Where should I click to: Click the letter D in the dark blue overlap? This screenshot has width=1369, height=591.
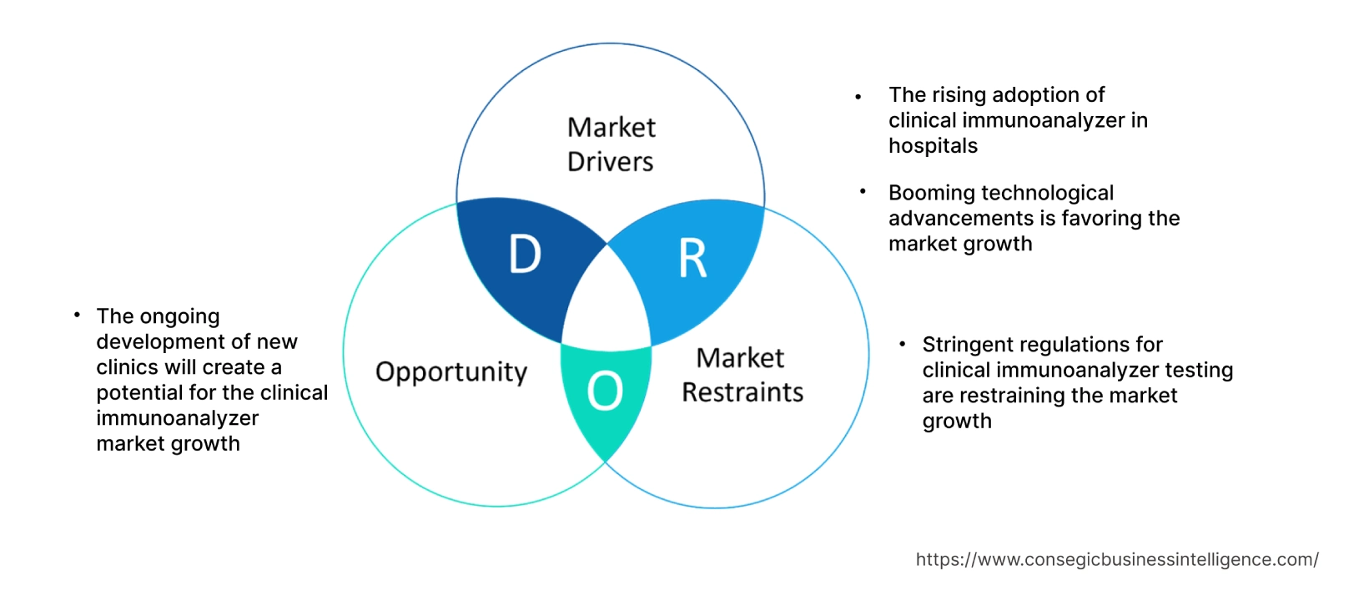pyautogui.click(x=525, y=255)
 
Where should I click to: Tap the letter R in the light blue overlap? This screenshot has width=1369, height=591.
pyautogui.click(x=692, y=259)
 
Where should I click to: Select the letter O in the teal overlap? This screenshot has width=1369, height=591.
pyautogui.click(x=605, y=391)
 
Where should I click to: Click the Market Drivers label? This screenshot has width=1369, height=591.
pyautogui.click(x=611, y=144)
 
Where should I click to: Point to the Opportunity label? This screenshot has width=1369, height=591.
pyautogui.click(x=451, y=371)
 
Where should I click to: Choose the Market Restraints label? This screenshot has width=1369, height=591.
pyautogui.click(x=742, y=375)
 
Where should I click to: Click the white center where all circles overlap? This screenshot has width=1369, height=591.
pyautogui.click(x=607, y=305)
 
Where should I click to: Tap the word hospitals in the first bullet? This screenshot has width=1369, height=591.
pyautogui.click(x=933, y=146)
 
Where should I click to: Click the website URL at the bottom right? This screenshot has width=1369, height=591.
pyautogui.click(x=1116, y=560)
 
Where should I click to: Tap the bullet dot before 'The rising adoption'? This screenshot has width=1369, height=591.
pyautogui.click(x=858, y=98)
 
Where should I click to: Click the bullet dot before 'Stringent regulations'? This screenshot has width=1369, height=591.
pyautogui.click(x=902, y=344)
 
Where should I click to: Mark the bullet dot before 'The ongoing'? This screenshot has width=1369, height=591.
pyautogui.click(x=77, y=315)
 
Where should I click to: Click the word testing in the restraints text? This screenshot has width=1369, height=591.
pyautogui.click(x=1198, y=370)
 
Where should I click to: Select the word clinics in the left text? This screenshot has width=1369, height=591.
pyautogui.click(x=127, y=367)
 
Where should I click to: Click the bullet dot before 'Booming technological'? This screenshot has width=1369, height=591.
pyautogui.click(x=863, y=192)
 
